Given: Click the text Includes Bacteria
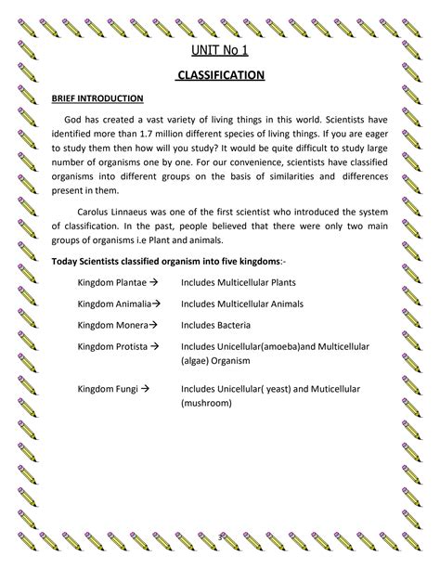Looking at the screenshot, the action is click(x=219, y=326).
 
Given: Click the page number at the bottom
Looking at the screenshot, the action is click(x=221, y=537).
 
